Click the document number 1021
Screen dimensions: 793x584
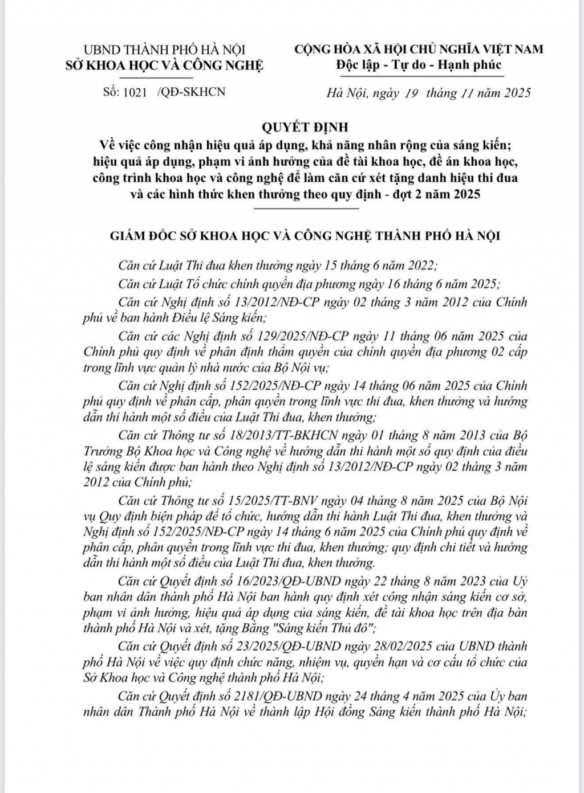135,92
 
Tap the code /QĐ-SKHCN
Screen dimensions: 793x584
190,92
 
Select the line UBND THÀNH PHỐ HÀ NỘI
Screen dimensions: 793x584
164,50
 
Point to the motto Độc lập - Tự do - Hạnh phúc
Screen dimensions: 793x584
419,64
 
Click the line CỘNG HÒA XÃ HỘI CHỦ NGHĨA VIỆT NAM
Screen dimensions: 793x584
419,50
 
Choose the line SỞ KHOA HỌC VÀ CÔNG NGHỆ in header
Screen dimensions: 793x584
164,65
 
